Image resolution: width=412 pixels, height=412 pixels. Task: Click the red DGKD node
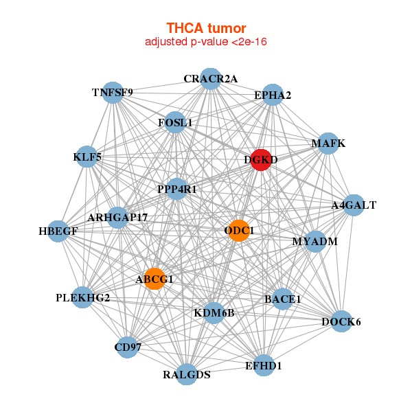coord(260,160)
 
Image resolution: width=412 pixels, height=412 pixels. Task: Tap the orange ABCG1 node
coord(154,279)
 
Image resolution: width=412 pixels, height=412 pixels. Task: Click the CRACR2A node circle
coord(210,79)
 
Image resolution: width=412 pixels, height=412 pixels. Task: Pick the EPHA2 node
coord(273,95)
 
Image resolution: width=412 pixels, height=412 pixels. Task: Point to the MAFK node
coord(328,144)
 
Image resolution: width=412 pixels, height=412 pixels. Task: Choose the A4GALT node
coord(353,205)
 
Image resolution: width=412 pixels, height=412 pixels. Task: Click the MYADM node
coord(314,242)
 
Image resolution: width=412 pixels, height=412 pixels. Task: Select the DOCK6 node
coord(341,321)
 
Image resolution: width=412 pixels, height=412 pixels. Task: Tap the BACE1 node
coord(283,299)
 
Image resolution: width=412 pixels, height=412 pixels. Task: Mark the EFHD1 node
coord(263,365)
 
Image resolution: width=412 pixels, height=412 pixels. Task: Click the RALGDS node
coord(187,374)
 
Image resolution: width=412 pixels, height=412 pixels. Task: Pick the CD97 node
coord(128,347)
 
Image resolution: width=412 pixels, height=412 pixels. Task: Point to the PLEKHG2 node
coord(82,297)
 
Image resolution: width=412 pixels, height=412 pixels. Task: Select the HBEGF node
coord(58,231)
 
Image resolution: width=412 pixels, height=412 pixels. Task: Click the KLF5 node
coord(87,157)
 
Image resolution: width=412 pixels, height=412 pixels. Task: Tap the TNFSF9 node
coord(113,92)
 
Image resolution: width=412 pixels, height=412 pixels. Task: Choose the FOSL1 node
coord(175,123)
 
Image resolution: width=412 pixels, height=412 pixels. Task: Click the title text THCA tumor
coord(206,28)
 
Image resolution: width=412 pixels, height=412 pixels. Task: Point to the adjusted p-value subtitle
coord(206,42)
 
